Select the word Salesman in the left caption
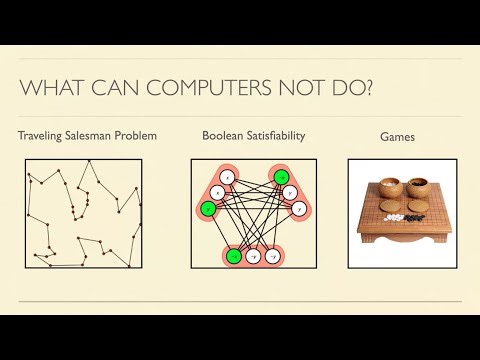(94, 135)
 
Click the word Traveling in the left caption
(43, 135)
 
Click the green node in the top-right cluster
(282, 177)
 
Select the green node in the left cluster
(207, 209)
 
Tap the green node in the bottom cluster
(233, 256)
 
